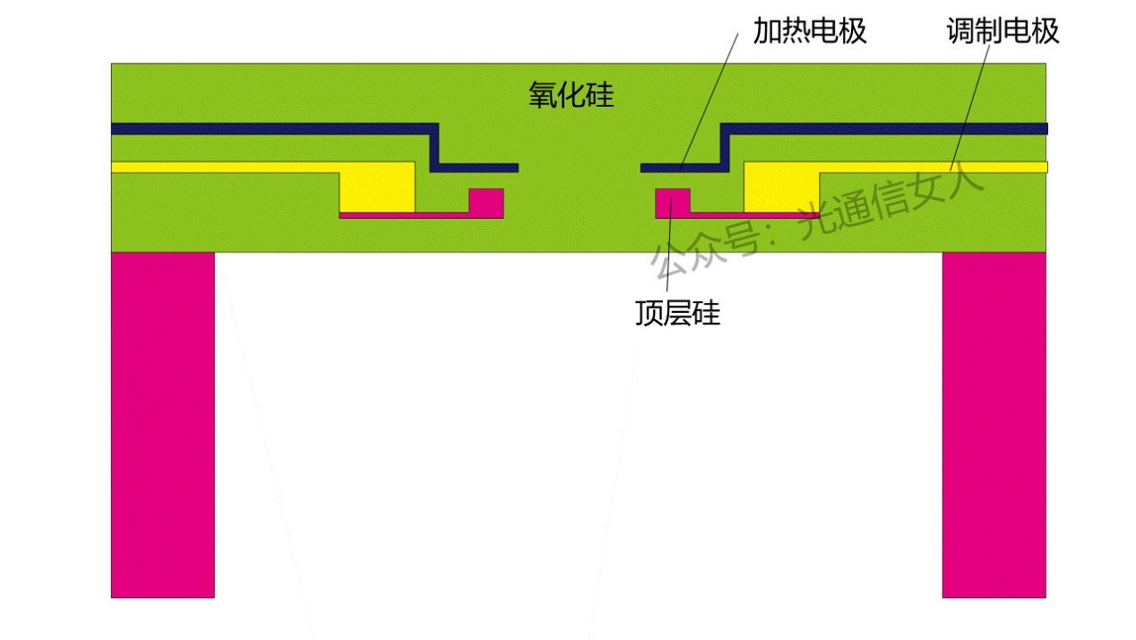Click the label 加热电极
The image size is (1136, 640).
point(809,32)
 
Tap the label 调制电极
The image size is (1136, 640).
point(1003,32)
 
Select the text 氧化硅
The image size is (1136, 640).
point(571,95)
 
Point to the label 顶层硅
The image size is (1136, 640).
point(677,313)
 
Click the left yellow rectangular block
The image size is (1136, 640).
point(377,187)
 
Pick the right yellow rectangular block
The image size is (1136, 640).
point(781,187)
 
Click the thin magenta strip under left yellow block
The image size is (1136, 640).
point(403,215)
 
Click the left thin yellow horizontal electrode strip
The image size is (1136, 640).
point(224,167)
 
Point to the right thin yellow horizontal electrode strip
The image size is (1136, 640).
point(932,167)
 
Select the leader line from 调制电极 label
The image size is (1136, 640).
point(971,99)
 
